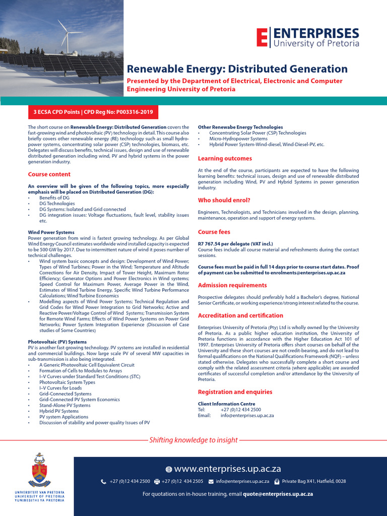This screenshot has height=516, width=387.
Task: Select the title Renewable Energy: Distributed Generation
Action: pos(237,69)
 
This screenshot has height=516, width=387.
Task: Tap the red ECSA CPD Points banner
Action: pos(93,111)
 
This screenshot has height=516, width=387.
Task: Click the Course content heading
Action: pos(49,174)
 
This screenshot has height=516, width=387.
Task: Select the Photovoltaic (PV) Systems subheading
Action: pos(57,342)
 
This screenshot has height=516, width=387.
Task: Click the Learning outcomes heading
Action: pos(225,159)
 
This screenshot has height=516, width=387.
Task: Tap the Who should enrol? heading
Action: pos(224,201)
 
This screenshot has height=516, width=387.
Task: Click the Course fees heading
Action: pos(214,232)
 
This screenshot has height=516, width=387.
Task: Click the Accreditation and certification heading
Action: pos(240,315)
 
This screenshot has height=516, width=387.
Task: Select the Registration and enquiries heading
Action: pos(235,392)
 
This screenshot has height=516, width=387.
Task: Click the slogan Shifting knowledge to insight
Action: pos(193,440)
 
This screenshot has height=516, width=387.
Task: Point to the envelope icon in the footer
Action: pos(211,482)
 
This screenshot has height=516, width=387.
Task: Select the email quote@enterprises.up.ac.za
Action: pos(278,494)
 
